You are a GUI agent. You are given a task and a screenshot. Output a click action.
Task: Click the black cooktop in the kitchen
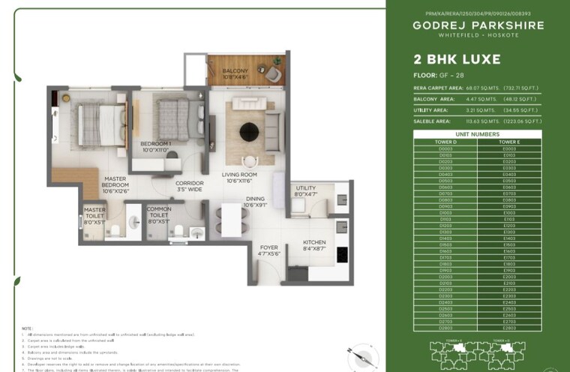pyautogui.click(x=342, y=255)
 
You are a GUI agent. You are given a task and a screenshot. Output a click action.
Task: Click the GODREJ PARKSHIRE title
pyautogui.click(x=478, y=25)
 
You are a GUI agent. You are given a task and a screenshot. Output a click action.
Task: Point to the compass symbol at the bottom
pyautogui.click(x=359, y=355)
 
